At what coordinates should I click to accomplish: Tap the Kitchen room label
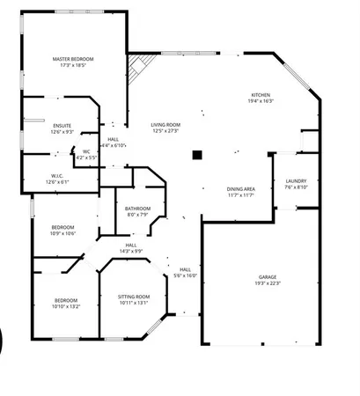pos(261,95)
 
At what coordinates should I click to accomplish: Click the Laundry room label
pos(296,181)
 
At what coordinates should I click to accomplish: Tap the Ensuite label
pos(62,126)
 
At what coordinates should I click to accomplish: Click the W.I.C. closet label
pos(57,175)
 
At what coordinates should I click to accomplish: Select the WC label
pos(86,151)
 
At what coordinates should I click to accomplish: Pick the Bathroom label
pos(138,208)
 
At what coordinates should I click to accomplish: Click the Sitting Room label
pos(134,297)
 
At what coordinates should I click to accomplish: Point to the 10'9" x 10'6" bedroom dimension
pos(64,233)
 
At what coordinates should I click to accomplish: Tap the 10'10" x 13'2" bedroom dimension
pos(66,306)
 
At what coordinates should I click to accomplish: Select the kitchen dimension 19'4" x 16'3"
pos(261,101)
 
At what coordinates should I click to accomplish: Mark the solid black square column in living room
pos(198,156)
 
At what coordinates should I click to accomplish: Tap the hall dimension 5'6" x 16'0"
pos(185,275)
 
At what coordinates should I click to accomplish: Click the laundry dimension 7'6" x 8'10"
pos(296,187)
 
